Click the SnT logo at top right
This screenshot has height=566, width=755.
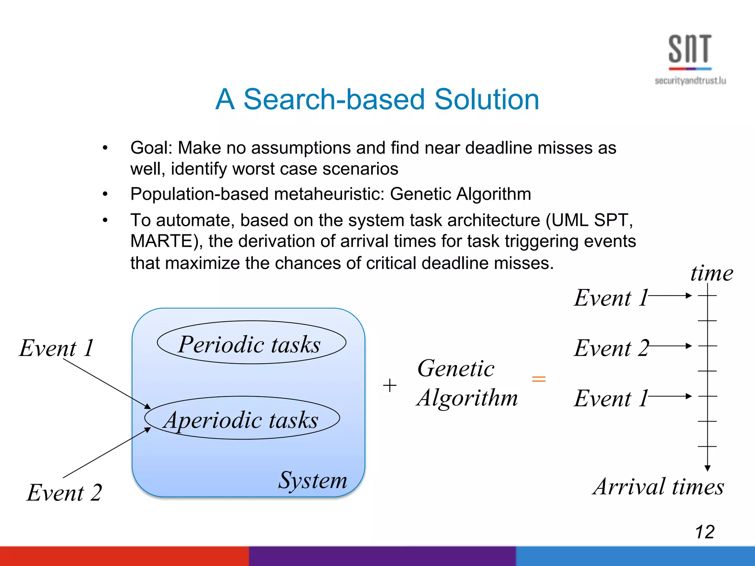[x=690, y=50]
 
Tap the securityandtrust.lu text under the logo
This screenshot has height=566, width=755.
[x=690, y=81]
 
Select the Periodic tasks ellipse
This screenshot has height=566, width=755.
[x=251, y=343]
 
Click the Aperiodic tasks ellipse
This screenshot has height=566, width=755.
[x=242, y=418]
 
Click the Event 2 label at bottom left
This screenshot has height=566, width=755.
[x=65, y=493]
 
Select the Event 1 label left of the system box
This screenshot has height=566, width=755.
[x=56, y=348]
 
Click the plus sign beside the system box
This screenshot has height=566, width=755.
[x=390, y=386]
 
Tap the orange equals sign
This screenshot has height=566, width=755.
[x=539, y=379]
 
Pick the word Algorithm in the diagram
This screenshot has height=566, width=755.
[x=467, y=398]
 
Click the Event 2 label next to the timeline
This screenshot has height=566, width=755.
[x=611, y=348]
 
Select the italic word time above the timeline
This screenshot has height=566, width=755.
[x=711, y=273]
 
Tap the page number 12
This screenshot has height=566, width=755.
[x=704, y=532]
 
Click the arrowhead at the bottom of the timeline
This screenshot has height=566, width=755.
[x=707, y=468]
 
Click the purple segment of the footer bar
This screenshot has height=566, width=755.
[x=382, y=556]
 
